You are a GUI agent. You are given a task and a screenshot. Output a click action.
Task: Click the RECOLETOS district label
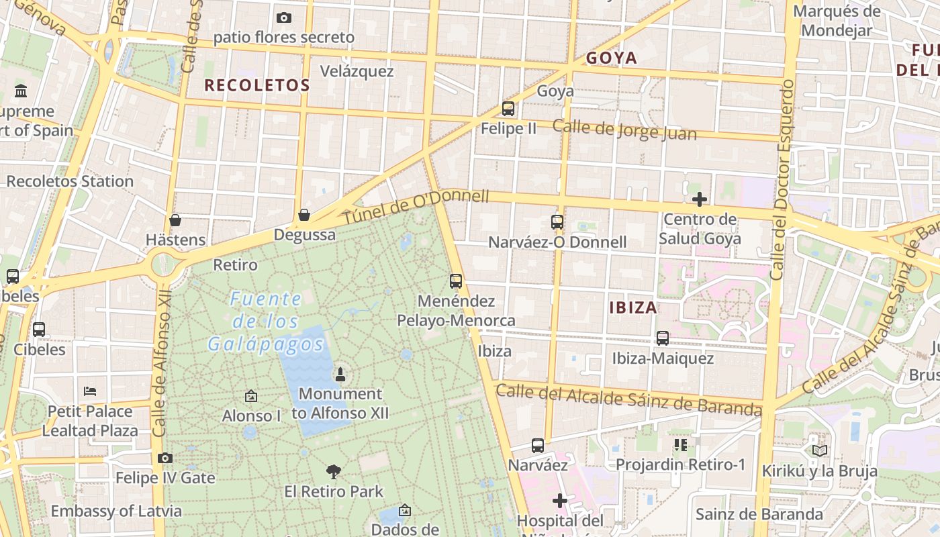coord(257,85)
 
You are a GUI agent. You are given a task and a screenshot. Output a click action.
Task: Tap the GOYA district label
coord(611,58)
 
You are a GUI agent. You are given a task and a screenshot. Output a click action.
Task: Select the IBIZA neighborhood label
coord(633,308)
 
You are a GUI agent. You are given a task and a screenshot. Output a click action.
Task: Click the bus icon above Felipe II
coord(508,108)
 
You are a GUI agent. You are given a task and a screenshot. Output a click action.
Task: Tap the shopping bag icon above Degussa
coord(304,215)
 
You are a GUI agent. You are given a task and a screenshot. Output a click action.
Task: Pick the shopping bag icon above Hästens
coord(175,219)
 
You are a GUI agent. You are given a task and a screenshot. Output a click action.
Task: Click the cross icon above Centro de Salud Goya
coord(700,199)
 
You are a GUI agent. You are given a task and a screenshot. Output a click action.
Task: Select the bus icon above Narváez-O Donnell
coord(557,222)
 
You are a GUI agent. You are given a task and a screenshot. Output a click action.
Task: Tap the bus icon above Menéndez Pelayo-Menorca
coord(456,281)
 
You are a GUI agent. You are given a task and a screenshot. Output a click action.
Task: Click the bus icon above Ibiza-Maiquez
coord(663,338)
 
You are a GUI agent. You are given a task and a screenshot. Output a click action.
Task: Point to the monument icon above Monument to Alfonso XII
coord(340,374)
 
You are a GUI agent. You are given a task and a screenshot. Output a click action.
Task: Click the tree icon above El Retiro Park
coord(333,471)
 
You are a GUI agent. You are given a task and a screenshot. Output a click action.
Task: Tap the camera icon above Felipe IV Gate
coord(165,458)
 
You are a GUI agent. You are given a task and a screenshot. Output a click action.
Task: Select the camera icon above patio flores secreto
coord(284,17)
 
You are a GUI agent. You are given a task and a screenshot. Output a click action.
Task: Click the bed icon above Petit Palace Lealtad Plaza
coord(90,391)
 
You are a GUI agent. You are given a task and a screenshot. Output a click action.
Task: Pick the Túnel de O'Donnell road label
coord(416,207)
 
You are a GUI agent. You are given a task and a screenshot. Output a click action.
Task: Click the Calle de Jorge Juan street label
coord(624,130)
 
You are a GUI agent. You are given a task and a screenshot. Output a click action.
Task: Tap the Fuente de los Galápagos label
coord(266,322)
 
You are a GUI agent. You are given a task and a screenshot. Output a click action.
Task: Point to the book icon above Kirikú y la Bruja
coord(819,450)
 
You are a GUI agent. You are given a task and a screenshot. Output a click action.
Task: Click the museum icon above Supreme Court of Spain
coord(21,91)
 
